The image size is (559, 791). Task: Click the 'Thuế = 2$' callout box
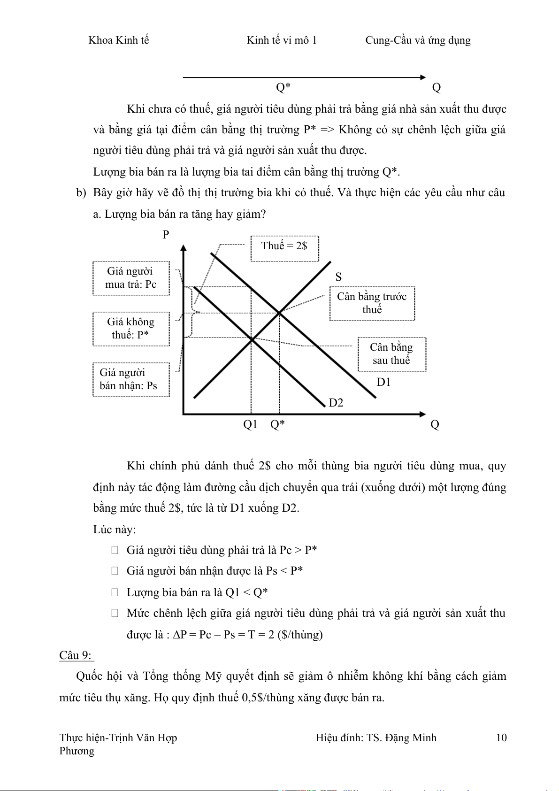pos(284,248)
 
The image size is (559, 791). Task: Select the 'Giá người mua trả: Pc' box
pos(131,278)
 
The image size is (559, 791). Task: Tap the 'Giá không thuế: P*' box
pos(131,329)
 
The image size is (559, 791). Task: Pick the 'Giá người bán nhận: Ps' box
pos(131,379)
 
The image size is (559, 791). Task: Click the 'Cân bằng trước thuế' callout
pos(372,303)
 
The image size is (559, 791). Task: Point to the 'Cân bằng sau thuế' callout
pos(391,354)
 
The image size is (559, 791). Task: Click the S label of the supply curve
pos(338,277)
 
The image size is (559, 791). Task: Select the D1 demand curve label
pos(383,382)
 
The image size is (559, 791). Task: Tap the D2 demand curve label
pos(336,403)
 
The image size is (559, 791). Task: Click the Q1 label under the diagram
pos(250,424)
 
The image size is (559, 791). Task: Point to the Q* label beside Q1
pos(277,424)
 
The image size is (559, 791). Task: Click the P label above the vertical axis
pos(166,235)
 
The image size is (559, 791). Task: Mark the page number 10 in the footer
pos(501,737)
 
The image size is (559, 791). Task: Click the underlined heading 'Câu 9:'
pos(76,655)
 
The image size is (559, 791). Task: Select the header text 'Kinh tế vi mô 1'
pos(282,40)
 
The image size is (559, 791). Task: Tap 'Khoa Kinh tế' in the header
pos(118,40)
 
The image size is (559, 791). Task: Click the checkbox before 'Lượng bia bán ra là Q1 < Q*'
pos(115,592)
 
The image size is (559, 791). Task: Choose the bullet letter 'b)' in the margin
pos(81,193)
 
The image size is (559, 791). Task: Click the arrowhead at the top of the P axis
pos(184,247)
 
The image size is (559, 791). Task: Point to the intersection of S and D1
pos(279,312)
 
